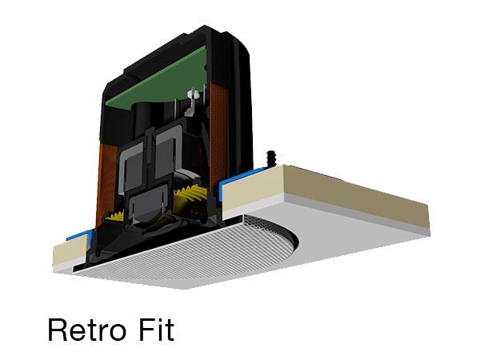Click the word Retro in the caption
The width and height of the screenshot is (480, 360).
pyautogui.click(x=87, y=330)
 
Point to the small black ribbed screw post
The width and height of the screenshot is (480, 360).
pyautogui.click(x=271, y=158)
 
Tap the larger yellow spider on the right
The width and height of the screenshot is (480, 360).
pyautogui.click(x=190, y=195)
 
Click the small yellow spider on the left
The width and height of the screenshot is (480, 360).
pyautogui.click(x=114, y=217)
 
